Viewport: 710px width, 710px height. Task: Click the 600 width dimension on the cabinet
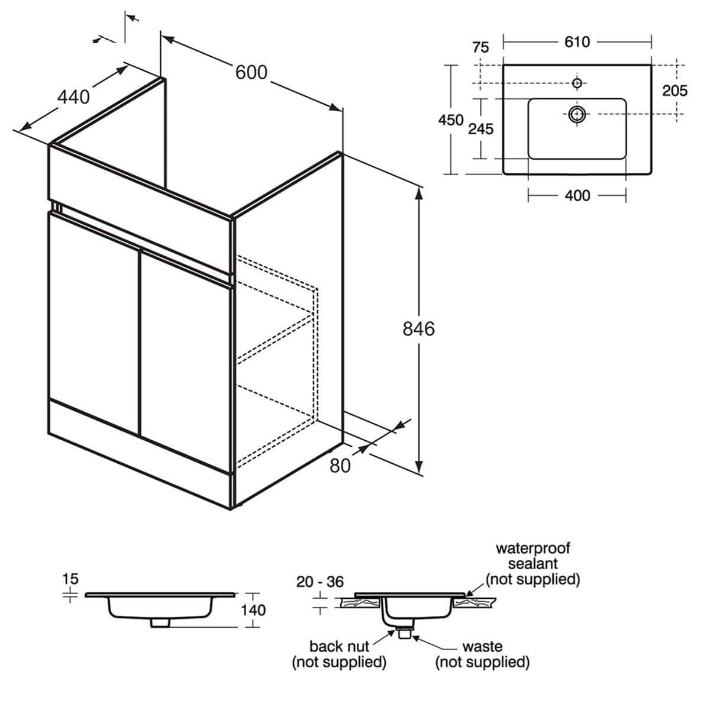(x=251, y=72)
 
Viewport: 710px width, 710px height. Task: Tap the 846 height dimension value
(x=418, y=328)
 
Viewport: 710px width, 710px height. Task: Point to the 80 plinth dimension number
(x=340, y=466)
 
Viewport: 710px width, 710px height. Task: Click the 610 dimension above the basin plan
(x=577, y=41)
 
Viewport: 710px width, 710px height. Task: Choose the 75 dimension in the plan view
(x=480, y=47)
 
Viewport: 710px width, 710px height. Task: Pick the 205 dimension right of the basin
(x=674, y=91)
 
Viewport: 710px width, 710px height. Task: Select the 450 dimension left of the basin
(x=450, y=120)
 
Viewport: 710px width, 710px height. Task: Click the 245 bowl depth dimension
(x=480, y=128)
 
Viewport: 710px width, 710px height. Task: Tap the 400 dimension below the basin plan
(x=577, y=195)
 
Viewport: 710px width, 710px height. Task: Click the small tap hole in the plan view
(x=577, y=82)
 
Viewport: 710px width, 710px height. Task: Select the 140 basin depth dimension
(x=254, y=609)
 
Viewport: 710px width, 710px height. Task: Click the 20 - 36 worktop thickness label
(x=320, y=582)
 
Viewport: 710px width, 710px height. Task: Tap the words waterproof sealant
(x=532, y=556)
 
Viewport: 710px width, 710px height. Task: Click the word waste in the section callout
(x=482, y=647)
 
